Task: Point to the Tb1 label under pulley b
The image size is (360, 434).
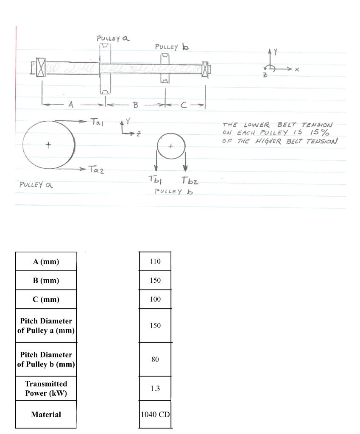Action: [x=153, y=180]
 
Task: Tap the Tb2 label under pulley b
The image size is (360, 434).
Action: [x=190, y=181]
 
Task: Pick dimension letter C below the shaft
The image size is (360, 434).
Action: [x=183, y=106]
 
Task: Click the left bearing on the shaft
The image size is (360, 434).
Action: [x=41, y=68]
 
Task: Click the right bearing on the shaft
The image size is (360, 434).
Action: [x=206, y=69]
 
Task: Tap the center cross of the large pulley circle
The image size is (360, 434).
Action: [x=48, y=145]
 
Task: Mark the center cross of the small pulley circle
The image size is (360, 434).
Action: [x=171, y=146]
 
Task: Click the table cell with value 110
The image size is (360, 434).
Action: [x=155, y=262]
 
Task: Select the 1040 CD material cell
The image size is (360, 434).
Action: [x=155, y=415]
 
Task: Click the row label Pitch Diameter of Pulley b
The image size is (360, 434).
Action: [x=46, y=359]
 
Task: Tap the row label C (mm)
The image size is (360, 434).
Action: [x=46, y=299]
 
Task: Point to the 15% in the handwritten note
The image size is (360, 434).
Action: [x=323, y=133]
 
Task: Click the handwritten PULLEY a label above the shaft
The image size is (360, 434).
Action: [x=113, y=39]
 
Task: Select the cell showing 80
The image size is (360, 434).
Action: [x=155, y=359]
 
